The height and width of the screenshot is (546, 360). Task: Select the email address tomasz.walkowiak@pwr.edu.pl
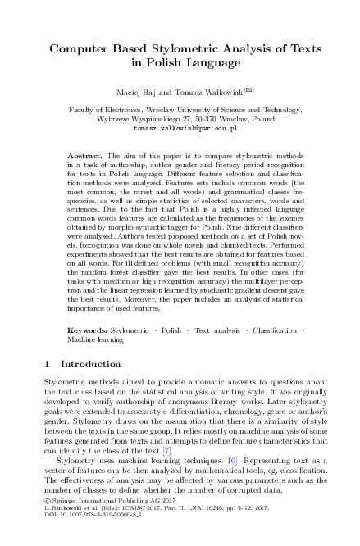coord(180,129)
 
